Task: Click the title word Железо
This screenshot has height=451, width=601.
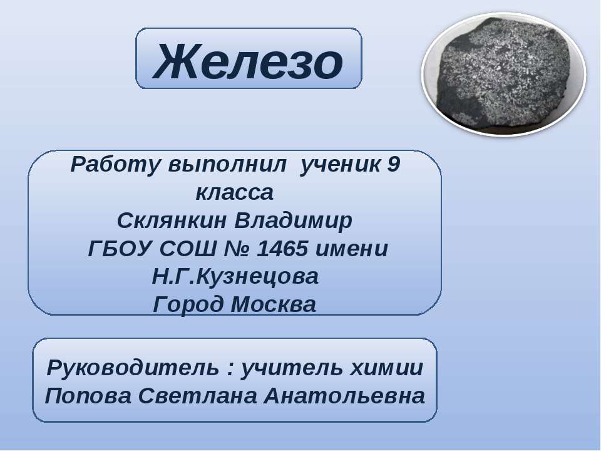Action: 249,61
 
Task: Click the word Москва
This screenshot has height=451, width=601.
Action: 274,305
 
